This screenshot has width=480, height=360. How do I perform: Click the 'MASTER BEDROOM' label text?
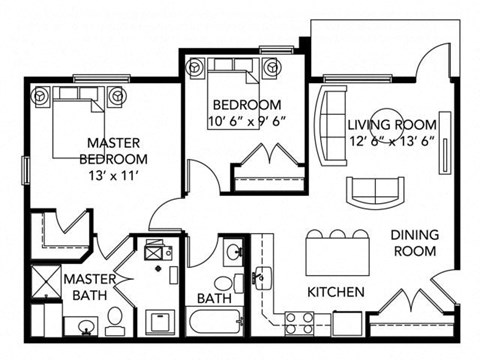[x=117, y=151]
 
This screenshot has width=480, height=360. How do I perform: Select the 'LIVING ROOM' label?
[x=392, y=125]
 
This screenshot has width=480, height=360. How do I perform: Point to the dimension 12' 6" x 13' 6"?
[x=392, y=141]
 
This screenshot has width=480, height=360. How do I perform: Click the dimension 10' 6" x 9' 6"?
[x=245, y=121]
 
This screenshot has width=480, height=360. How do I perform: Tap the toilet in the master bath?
[x=113, y=320]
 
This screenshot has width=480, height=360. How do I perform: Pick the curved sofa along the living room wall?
[x=327, y=127]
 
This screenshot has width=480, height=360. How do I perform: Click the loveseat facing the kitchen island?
[x=371, y=189]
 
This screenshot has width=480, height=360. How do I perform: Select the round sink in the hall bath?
[x=233, y=251]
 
